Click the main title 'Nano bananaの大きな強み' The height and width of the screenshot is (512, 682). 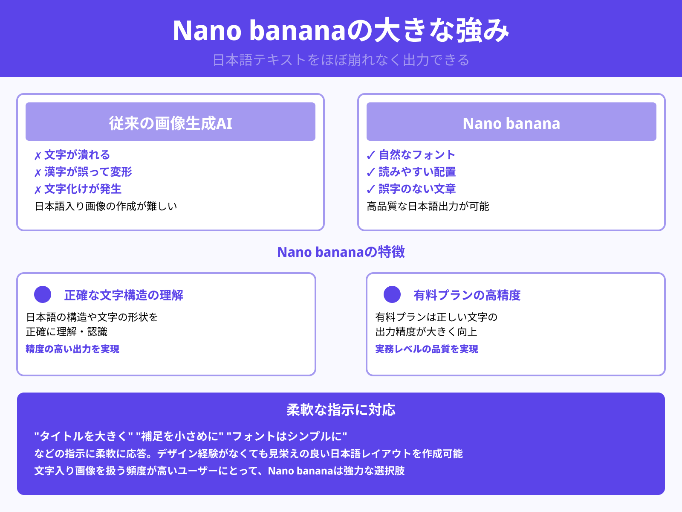[x=341, y=31]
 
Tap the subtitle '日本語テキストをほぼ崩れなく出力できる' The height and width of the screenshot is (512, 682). [x=341, y=60]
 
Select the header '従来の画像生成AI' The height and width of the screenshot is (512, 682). [x=170, y=123]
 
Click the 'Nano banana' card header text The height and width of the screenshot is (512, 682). [x=511, y=123]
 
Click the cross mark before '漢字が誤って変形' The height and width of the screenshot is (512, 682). [x=38, y=173]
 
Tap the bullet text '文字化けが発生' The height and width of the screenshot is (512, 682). [x=83, y=189]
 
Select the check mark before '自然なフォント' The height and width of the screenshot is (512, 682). [x=371, y=155]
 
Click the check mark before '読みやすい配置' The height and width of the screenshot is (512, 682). [x=371, y=172]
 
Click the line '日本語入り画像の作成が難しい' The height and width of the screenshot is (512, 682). [x=106, y=207]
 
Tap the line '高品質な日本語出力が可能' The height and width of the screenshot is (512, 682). [x=428, y=207]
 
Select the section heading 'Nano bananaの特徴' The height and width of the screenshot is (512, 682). [x=341, y=252]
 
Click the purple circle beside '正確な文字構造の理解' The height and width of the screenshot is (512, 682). [x=43, y=294]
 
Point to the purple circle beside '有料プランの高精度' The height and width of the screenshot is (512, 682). [x=392, y=294]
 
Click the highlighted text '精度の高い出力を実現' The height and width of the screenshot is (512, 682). [x=72, y=349]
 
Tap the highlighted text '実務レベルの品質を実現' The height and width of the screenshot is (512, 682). [x=427, y=349]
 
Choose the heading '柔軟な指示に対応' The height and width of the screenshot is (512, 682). [x=341, y=410]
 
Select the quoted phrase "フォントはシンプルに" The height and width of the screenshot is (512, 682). [x=287, y=436]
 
